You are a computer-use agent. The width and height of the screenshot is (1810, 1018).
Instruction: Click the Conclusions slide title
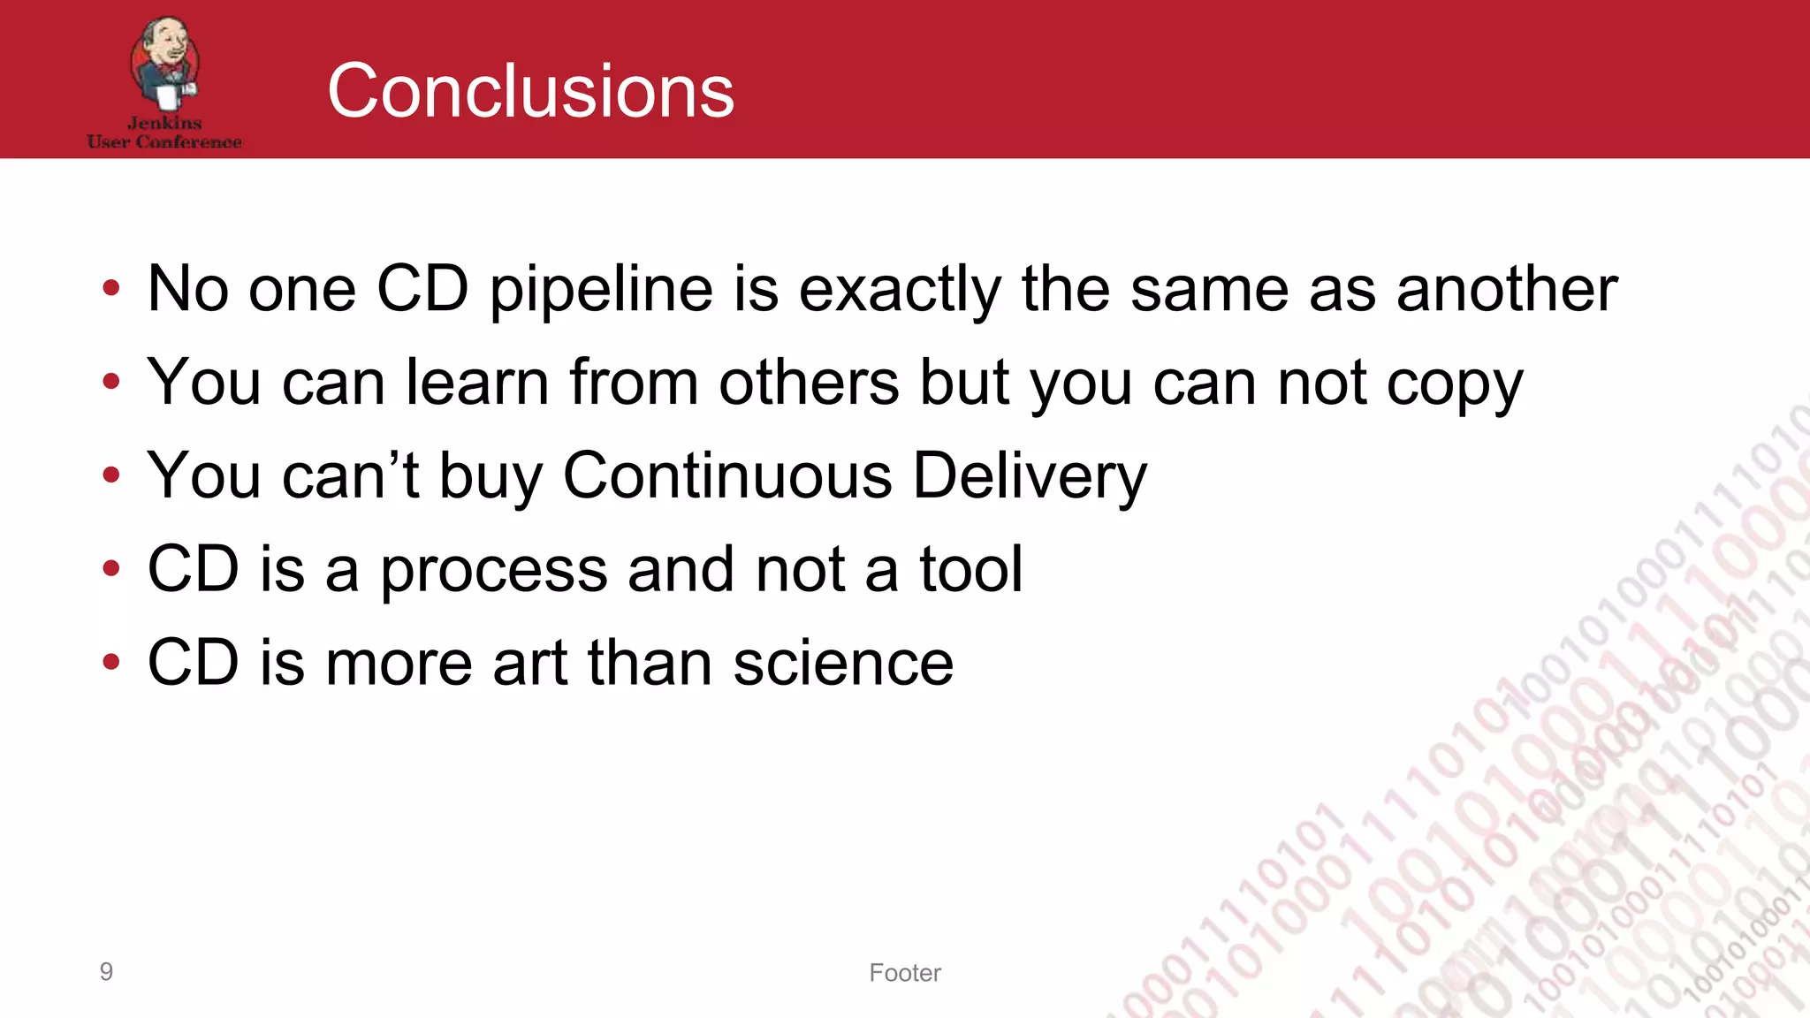pyautogui.click(x=530, y=91)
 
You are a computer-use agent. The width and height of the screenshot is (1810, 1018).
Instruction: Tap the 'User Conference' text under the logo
pyautogui.click(x=164, y=141)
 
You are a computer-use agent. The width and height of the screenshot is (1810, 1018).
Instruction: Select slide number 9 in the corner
pyautogui.click(x=106, y=971)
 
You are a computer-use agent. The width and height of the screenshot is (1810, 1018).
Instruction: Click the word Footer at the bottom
pyautogui.click(x=905, y=972)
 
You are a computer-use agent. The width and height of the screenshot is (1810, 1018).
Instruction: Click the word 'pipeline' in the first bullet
pyautogui.click(x=601, y=290)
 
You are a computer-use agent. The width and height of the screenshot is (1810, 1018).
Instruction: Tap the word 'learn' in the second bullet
pyautogui.click(x=477, y=382)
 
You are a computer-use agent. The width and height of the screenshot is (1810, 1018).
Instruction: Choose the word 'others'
pyautogui.click(x=809, y=382)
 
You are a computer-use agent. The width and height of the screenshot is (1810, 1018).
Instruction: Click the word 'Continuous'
pyautogui.click(x=727, y=475)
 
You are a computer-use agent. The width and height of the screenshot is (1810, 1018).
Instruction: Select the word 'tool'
pyautogui.click(x=970, y=568)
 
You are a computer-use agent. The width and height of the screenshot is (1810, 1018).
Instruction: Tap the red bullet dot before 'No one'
pyautogui.click(x=110, y=287)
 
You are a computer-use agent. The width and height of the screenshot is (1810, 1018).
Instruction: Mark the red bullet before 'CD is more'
pyautogui.click(x=110, y=662)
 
